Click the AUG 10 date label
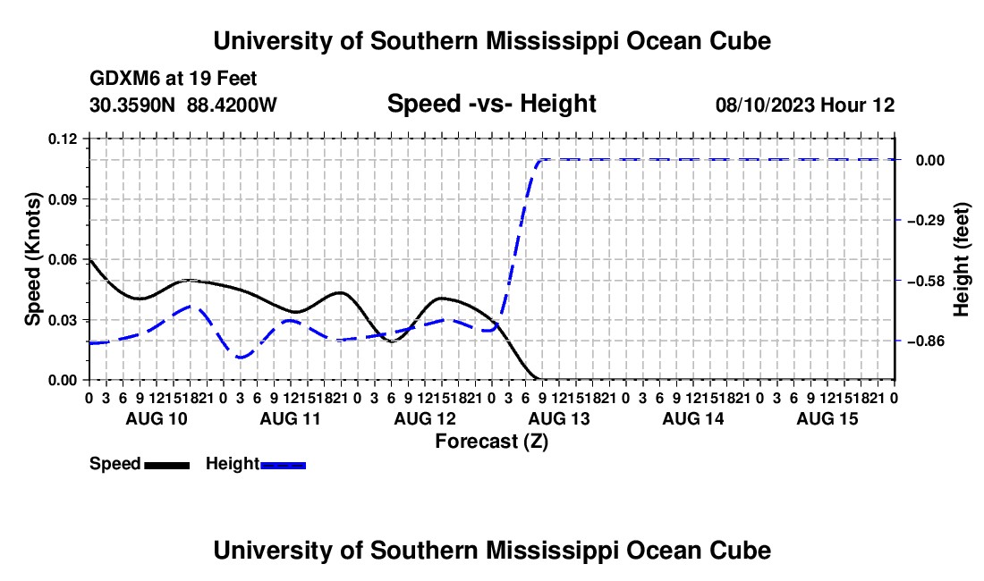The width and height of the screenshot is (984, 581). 157,418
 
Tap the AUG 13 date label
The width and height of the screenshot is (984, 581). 559,418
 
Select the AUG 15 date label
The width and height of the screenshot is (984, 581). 827,418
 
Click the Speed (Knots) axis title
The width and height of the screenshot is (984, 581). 32,259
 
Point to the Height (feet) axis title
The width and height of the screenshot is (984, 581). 962,259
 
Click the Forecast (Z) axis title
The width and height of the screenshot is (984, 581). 491,442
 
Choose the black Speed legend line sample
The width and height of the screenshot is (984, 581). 167,465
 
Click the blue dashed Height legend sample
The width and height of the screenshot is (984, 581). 283,465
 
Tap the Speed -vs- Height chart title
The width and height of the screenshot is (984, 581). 491,104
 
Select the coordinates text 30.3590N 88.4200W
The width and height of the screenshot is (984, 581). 183,105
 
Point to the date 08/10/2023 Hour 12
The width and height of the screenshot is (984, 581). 805,105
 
